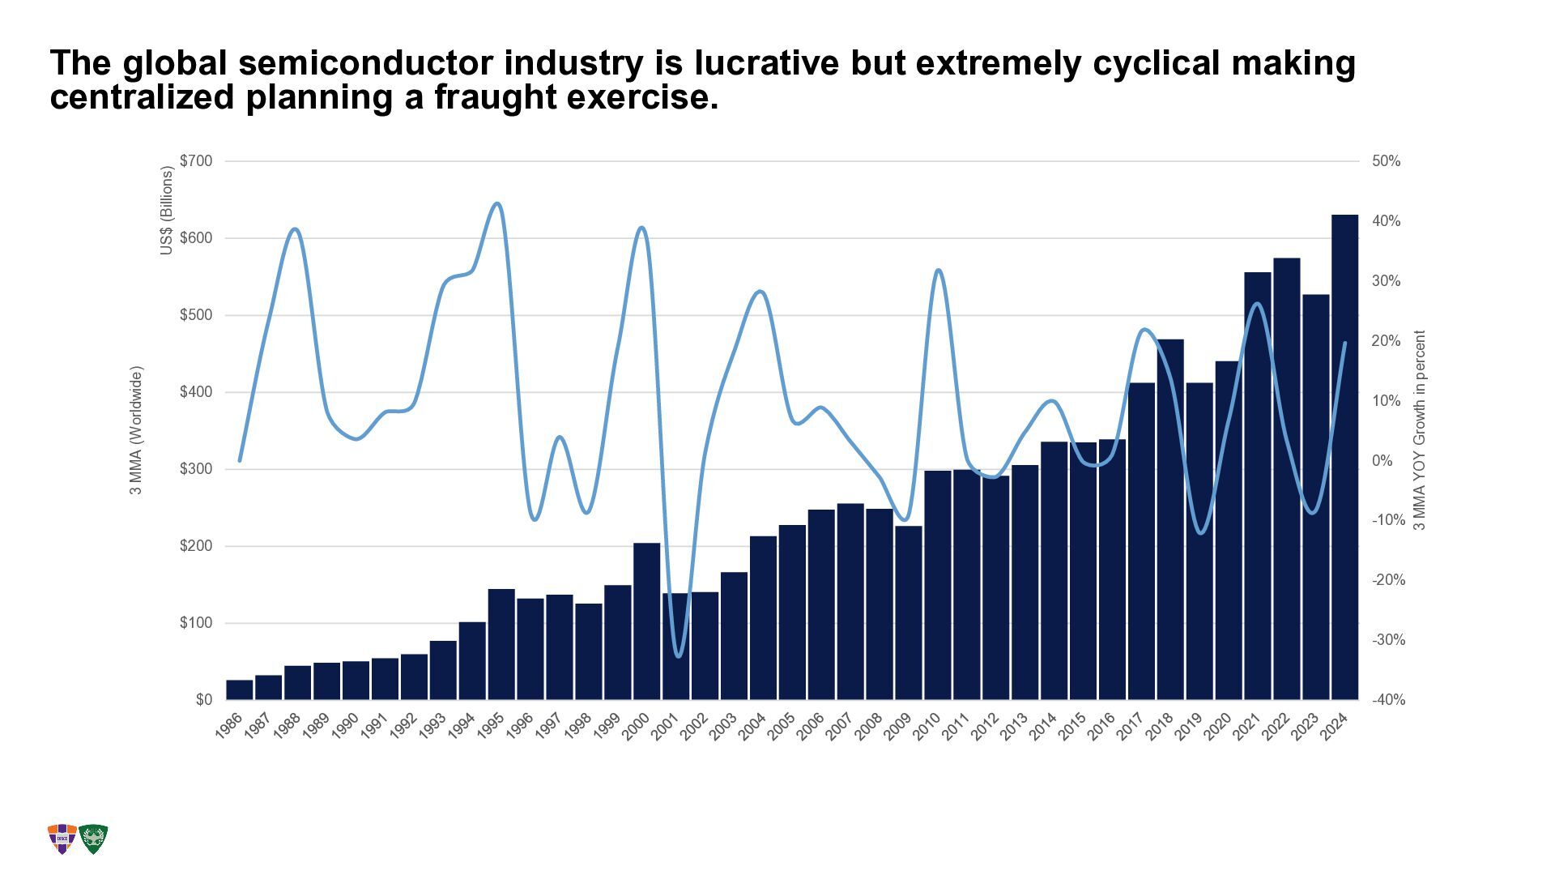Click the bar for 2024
pyautogui.click(x=1344, y=457)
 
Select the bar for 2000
pyautogui.click(x=646, y=621)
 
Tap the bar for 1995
pyautogui.click(x=501, y=644)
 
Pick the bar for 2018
pyautogui.click(x=1170, y=519)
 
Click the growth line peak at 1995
pyautogui.click(x=497, y=203)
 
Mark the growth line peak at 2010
pyautogui.click(x=938, y=270)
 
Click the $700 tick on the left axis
pyautogui.click(x=196, y=161)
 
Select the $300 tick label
pyautogui.click(x=196, y=469)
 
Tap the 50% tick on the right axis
pyautogui.click(x=1386, y=161)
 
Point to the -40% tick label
pyautogui.click(x=1388, y=700)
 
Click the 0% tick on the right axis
pyautogui.click(x=1382, y=461)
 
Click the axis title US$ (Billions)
pyautogui.click(x=167, y=211)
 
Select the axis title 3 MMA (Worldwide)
pyautogui.click(x=137, y=430)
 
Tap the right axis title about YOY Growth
pyautogui.click(x=1419, y=430)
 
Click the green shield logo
pyautogui.click(x=94, y=839)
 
